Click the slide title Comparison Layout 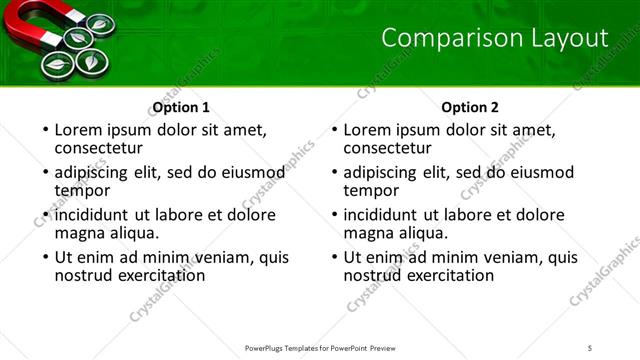tap(495, 39)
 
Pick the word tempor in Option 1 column tap(82, 190)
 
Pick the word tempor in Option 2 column tap(371, 190)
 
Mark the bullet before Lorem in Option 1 tap(44, 130)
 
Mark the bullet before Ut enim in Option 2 tap(333, 257)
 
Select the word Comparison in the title tap(441, 39)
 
